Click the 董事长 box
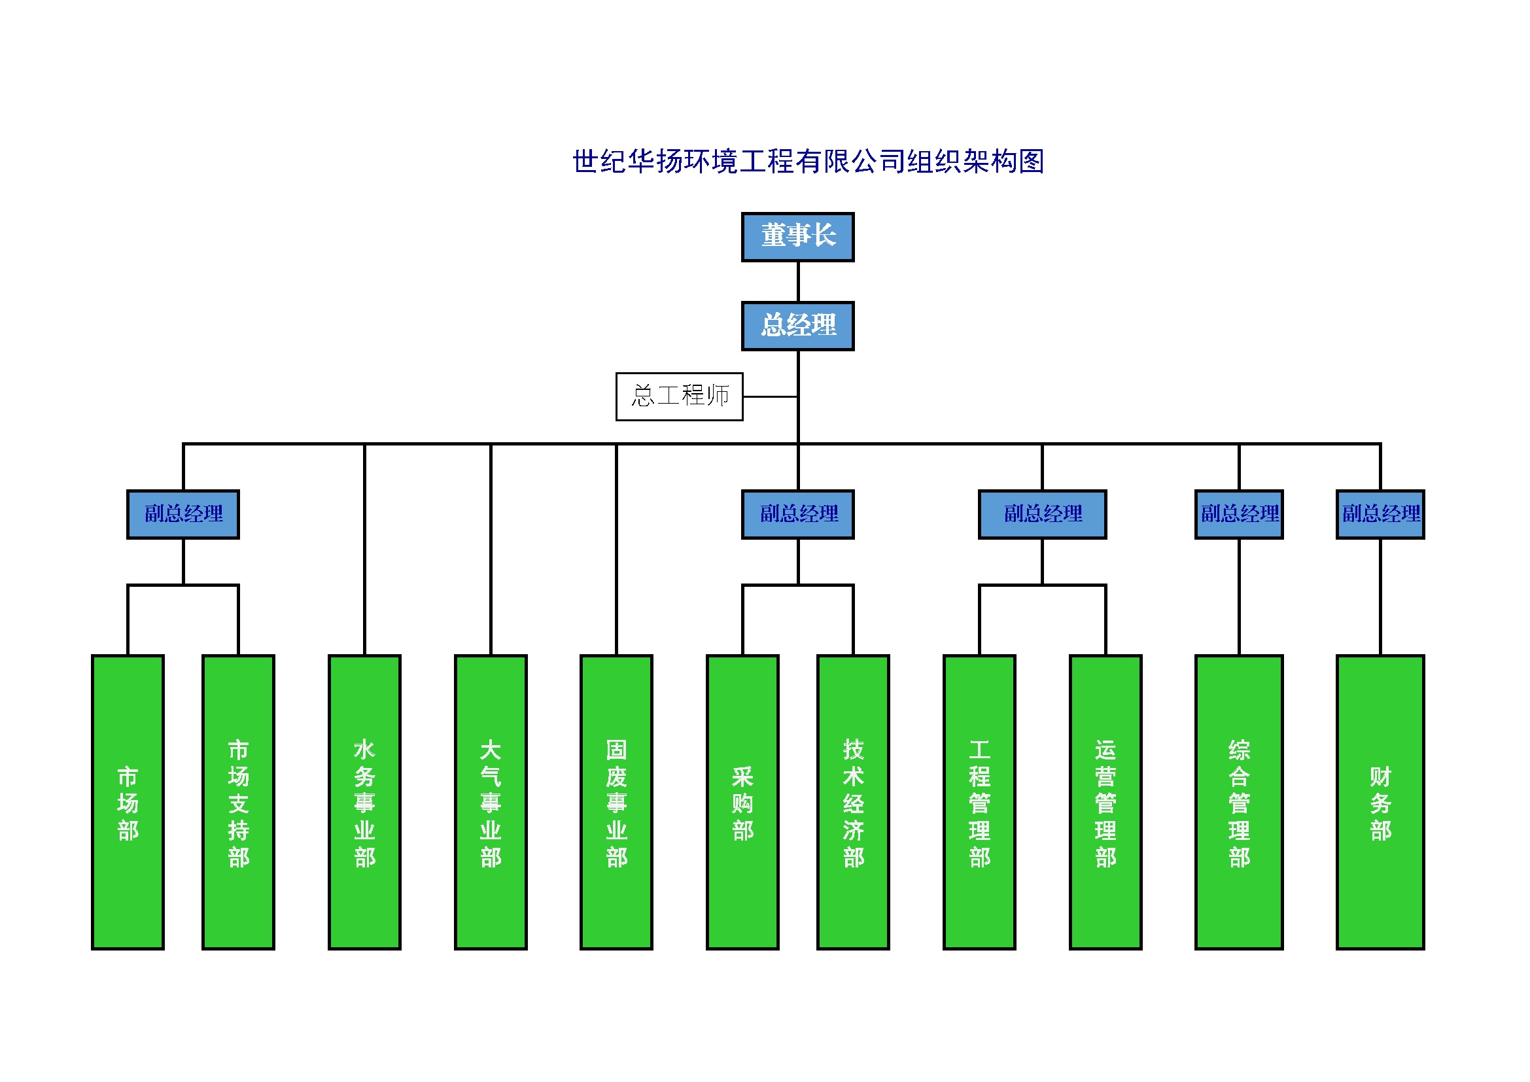797,237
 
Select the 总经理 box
797,326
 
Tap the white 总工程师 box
679,396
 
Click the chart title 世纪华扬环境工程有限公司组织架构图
808,162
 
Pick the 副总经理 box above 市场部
183,514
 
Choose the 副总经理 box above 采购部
797,514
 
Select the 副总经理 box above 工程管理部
1042,514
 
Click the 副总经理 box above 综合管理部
1239,514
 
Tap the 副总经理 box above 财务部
1380,514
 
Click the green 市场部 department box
128,802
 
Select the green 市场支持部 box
239,802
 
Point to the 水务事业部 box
364,802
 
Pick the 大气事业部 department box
491,802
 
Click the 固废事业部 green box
616,802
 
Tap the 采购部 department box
742,802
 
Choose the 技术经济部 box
853,802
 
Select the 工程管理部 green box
979,802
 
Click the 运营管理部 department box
1105,802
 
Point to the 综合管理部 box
1239,802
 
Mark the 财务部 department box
1380,802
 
